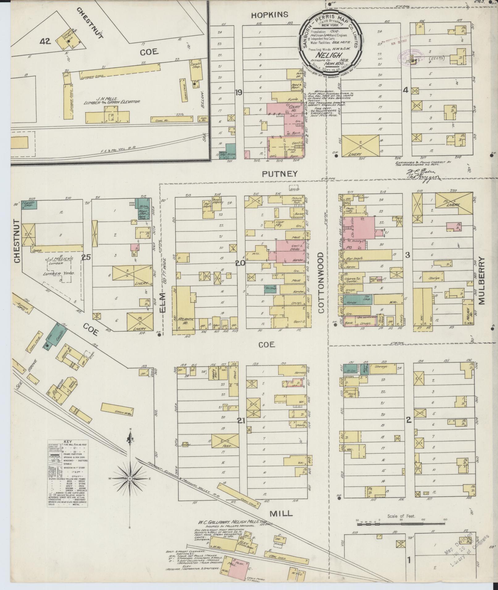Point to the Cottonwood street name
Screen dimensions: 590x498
click(x=321, y=283)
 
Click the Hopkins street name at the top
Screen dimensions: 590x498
click(x=270, y=14)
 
